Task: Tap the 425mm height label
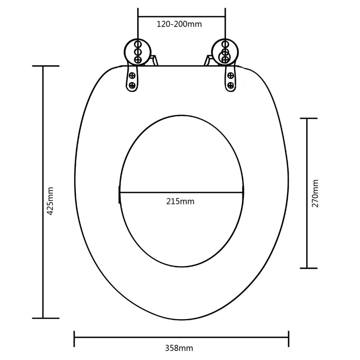tap(50, 206)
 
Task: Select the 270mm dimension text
tap(315, 193)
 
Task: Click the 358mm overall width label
tap(179, 348)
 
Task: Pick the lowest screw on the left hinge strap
tap(132, 85)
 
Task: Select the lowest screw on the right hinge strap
tap(230, 85)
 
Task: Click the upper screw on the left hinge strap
tap(132, 75)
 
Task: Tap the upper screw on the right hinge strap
tap(230, 75)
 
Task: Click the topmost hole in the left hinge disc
tap(138, 44)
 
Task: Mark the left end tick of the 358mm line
tap(74, 339)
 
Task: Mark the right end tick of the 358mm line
tap(289, 339)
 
